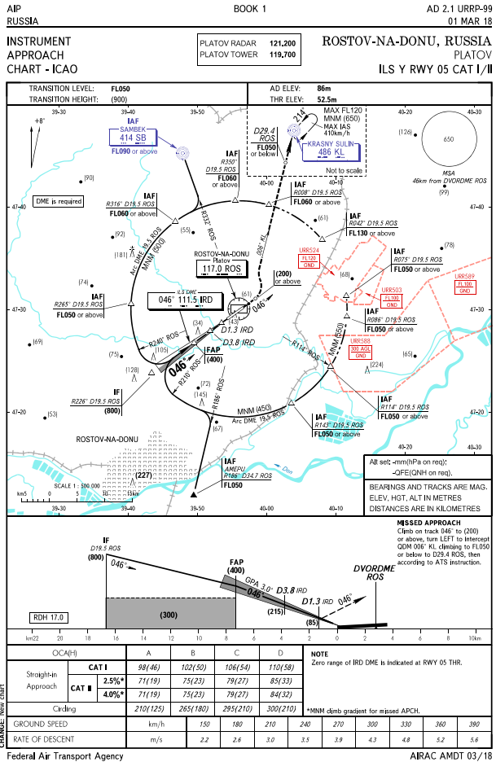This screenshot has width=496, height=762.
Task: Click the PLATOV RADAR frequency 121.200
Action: click(282, 43)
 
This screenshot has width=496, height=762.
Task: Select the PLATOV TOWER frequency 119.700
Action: click(282, 55)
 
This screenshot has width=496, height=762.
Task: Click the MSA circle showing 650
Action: click(447, 139)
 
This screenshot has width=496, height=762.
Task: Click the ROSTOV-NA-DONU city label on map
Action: click(108, 440)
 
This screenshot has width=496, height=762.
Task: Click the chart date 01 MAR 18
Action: click(466, 20)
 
